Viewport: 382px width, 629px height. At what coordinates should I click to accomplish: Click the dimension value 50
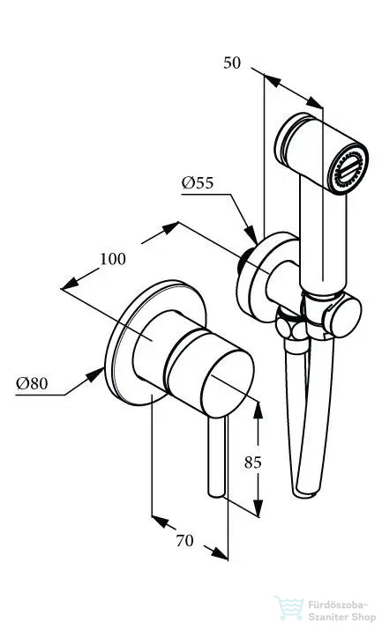pos(232,63)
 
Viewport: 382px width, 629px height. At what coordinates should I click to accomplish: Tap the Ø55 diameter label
pos(198,183)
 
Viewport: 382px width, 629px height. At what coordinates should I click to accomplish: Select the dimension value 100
pos(113,259)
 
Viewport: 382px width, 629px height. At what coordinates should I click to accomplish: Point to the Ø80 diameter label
pos(32,383)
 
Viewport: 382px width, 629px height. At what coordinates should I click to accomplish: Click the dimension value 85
pos(252,462)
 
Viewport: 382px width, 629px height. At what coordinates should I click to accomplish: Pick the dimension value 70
pos(184,541)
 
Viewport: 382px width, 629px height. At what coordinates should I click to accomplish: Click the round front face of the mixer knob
pos(228,383)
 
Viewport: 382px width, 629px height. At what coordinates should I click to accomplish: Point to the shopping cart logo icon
pos(288,607)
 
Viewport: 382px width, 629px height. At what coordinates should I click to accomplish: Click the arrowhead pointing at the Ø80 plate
pos(95,374)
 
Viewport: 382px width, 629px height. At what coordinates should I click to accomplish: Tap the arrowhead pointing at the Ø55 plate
pos(251,235)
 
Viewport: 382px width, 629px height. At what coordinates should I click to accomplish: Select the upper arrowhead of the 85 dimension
pos(258,410)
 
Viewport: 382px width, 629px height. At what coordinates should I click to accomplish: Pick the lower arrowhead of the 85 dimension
pos(258,507)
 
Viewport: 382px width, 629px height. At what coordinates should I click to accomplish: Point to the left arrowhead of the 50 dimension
pos(272,81)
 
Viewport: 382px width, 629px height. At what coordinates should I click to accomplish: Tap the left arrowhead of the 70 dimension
pos(161,522)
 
